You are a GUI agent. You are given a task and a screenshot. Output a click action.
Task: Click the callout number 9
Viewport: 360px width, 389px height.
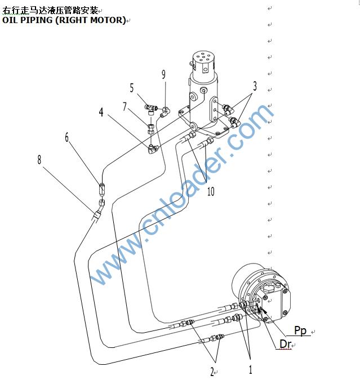point(163,74)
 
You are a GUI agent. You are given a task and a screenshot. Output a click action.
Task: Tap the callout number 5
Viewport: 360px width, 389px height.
point(132,88)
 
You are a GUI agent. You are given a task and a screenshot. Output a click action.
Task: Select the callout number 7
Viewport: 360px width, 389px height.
point(125,106)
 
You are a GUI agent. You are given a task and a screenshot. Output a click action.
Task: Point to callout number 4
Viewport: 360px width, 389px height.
point(101,112)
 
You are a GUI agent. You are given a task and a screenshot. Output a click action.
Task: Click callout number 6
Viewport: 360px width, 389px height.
point(67,137)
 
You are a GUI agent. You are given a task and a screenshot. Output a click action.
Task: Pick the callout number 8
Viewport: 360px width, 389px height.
point(39,159)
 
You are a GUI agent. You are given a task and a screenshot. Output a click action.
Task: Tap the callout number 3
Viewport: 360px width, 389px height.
point(255,86)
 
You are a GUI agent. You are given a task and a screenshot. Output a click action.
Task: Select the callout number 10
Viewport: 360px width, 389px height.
point(211,191)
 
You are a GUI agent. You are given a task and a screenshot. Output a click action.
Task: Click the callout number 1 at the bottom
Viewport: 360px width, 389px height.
point(251,370)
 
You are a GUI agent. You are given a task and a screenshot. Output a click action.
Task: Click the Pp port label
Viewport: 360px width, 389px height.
point(300,330)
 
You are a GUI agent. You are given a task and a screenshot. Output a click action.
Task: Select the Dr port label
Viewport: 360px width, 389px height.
point(285,344)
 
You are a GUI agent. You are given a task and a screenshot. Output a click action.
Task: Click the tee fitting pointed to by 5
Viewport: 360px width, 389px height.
point(151,109)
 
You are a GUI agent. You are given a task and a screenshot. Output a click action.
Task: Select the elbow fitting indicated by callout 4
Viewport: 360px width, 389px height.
point(153,149)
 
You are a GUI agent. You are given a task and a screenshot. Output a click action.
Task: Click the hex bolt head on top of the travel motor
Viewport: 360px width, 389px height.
point(269,289)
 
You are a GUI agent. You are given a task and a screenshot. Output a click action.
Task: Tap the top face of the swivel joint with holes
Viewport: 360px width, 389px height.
point(203,57)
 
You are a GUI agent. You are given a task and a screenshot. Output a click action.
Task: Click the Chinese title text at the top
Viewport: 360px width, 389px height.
point(50,11)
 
